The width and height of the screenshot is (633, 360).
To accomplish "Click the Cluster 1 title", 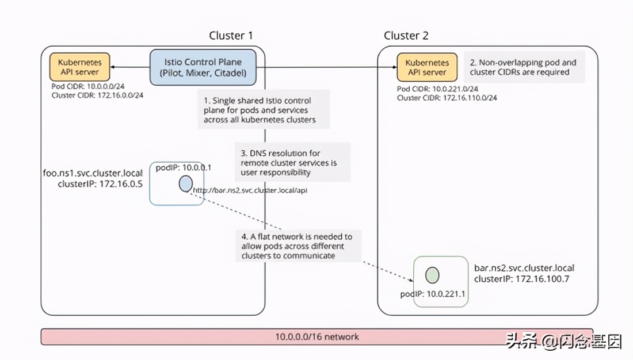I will [231, 36].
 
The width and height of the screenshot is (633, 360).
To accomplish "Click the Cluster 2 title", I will [406, 36].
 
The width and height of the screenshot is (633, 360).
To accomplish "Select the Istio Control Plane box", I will [203, 67].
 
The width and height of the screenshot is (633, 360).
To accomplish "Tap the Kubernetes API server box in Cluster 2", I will [426, 67].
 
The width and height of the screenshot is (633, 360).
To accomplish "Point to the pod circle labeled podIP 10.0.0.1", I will [185, 183].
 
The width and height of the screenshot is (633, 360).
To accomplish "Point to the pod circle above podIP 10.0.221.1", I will [432, 274].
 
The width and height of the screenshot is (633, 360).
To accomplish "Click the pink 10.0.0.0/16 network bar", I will [316, 336].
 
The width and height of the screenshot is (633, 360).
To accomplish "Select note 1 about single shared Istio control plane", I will [264, 110].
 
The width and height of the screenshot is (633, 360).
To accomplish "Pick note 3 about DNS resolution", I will [292, 163].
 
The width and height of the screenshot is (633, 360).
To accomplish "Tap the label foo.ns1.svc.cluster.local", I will [93, 173].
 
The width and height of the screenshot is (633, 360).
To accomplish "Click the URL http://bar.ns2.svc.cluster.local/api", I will [250, 190].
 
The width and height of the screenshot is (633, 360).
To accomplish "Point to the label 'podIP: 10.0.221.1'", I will [432, 294].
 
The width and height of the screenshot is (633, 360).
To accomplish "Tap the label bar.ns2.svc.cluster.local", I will [524, 268].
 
